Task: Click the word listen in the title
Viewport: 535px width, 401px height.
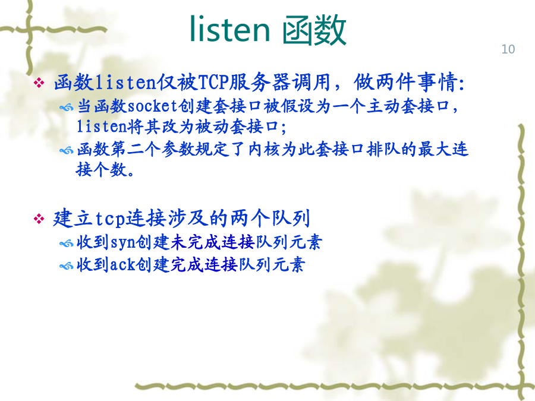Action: (x=229, y=29)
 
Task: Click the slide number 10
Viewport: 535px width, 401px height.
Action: (x=508, y=49)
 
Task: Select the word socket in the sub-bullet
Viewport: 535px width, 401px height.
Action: (x=152, y=106)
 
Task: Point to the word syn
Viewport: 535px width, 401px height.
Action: (x=122, y=243)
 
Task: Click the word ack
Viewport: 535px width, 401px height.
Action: (x=122, y=264)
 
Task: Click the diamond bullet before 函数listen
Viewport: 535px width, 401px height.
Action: (x=39, y=83)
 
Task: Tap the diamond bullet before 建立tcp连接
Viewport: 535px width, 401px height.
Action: (x=39, y=219)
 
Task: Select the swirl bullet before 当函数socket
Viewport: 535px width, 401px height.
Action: (x=66, y=108)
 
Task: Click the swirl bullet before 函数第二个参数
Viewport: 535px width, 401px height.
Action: (x=66, y=150)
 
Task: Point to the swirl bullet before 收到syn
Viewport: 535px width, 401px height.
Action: (x=66, y=244)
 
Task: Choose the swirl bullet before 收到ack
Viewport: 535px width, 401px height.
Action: (x=66, y=266)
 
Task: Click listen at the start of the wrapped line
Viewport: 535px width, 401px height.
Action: (x=102, y=127)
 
